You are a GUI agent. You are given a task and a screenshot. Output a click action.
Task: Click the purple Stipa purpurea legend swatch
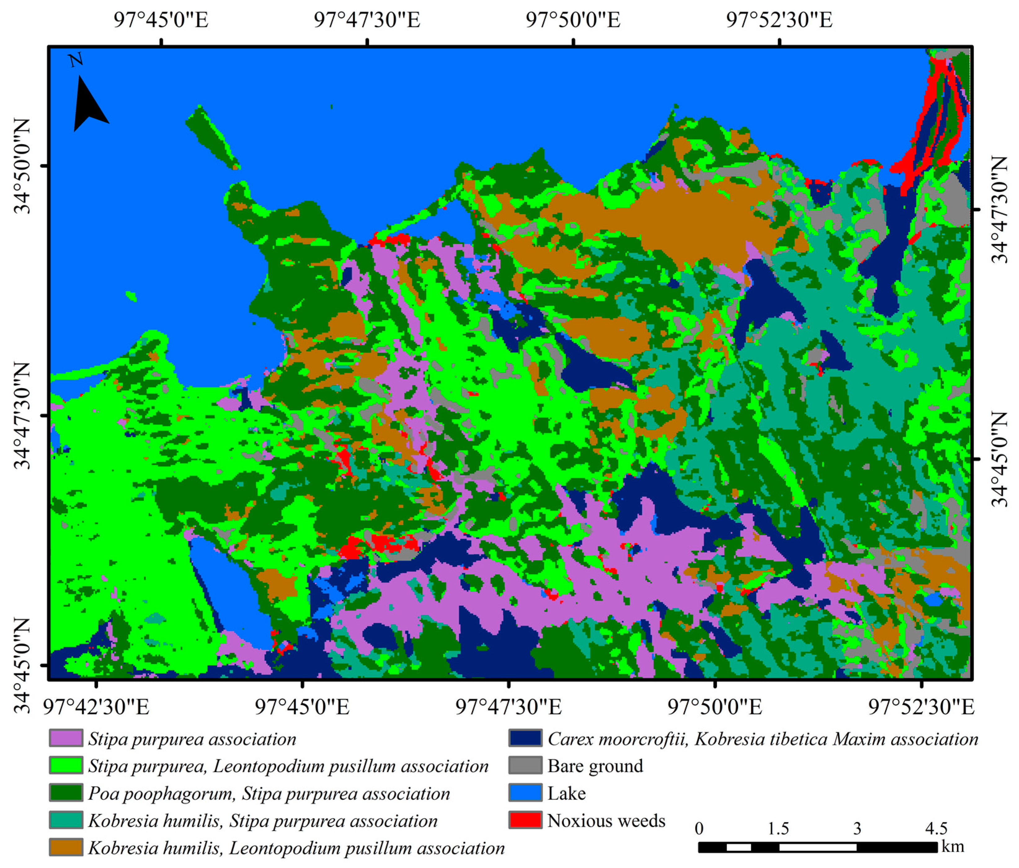(66, 738)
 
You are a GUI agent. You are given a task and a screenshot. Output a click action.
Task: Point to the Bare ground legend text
(595, 766)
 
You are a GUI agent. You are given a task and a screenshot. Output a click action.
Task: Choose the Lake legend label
(567, 793)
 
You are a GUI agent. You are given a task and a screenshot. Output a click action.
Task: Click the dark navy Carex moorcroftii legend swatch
(525, 738)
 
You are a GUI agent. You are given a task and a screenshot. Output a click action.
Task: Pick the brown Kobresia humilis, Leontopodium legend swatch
(66, 848)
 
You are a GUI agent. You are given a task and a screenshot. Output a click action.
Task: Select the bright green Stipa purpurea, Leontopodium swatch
(66, 766)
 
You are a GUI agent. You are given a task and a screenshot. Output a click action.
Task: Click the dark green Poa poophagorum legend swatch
(66, 793)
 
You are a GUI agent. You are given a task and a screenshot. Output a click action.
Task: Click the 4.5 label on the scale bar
(936, 829)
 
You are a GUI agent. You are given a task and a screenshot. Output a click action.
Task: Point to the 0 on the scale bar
(699, 829)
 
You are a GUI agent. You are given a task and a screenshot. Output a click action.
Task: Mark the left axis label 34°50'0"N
(22, 166)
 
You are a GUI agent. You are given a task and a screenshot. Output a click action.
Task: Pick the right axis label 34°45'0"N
(998, 459)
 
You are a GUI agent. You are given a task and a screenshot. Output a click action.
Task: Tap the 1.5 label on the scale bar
(778, 829)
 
